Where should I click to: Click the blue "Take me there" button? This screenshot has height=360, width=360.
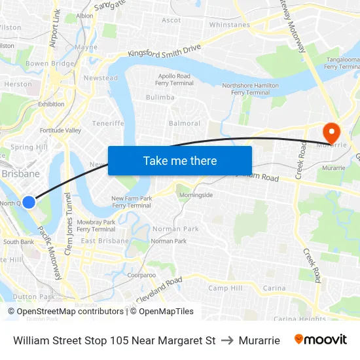tap(180, 160)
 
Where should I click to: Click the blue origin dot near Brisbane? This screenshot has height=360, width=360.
tap(29, 202)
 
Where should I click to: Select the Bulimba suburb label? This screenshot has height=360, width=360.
tap(160, 98)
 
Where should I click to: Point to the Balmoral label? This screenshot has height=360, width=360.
tap(185, 123)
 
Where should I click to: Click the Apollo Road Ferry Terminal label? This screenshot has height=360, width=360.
tap(175, 80)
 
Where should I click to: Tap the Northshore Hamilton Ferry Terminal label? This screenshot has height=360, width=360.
tap(250, 89)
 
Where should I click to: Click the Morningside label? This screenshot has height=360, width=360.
tap(196, 195)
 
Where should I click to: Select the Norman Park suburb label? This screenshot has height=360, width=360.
tap(175, 229)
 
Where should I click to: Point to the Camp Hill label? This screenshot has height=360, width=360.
tap(225, 288)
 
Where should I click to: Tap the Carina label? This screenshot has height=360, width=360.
tap(274, 288)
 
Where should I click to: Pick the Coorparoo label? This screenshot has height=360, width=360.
tap(141, 275)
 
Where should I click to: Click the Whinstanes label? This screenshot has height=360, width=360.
tap(229, 25)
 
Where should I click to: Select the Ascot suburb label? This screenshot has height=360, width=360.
tap(171, 20)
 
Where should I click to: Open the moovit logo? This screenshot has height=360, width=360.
tap(321, 340)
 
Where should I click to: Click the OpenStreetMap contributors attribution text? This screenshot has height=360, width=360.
tap(70, 312)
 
